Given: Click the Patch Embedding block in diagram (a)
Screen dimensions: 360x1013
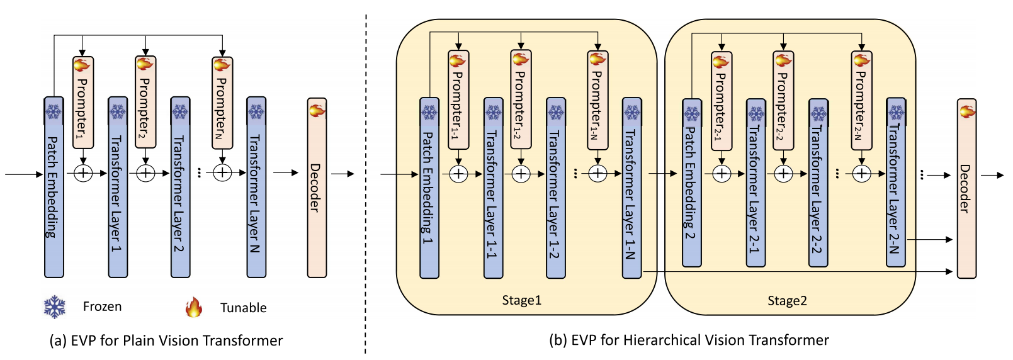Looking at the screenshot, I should point(54,187).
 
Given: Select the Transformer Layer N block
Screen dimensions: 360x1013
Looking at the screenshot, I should point(256,187).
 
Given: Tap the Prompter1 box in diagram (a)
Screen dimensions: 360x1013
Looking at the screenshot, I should point(83,103).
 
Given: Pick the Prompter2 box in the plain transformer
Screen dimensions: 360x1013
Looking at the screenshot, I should point(145,103).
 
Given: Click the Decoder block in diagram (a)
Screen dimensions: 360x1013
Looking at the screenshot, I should point(317,188).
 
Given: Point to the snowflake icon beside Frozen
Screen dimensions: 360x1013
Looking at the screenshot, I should point(55,307).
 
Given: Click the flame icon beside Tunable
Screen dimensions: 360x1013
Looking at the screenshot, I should point(194,307).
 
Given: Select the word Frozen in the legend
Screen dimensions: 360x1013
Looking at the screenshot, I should point(102,307).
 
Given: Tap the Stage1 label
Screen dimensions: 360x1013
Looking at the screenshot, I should point(521,300).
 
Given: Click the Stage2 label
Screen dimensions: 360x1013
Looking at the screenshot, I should point(787,301).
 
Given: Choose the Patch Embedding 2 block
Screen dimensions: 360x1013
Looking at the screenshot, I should point(692,183).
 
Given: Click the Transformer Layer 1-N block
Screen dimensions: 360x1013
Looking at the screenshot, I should point(631,188).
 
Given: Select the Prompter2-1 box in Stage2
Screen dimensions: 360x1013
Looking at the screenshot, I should point(722,101).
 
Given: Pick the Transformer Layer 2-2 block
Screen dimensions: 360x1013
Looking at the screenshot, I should point(818,183).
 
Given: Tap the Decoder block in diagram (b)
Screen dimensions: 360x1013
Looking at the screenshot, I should point(966,188).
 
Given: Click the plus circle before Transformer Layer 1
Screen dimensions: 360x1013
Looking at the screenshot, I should point(83,172).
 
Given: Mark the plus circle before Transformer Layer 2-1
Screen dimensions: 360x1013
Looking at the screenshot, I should point(722,173).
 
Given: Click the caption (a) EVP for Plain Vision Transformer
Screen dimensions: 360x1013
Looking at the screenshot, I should point(166,340).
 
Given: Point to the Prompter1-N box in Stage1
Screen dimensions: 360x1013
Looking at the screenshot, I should point(597,100).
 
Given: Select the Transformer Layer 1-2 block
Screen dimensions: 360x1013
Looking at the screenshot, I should point(555,188).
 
